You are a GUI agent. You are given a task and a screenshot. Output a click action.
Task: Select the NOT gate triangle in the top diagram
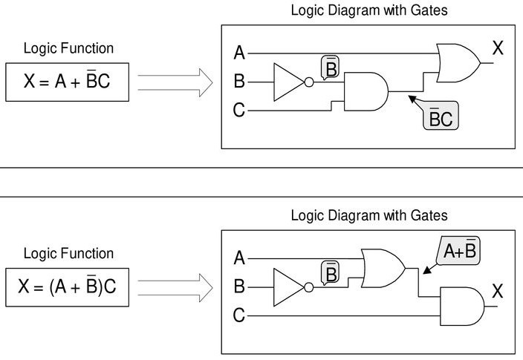tap(289, 82)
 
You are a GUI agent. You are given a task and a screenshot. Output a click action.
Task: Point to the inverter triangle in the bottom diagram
tap(288, 287)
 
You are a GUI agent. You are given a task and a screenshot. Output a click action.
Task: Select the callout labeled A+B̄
tap(459, 252)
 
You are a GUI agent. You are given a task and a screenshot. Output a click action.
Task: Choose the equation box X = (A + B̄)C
tap(67, 287)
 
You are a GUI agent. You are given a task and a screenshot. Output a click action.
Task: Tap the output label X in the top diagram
tap(498, 49)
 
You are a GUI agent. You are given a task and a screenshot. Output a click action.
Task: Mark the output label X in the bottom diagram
tap(498, 292)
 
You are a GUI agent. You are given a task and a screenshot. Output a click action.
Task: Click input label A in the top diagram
tap(239, 53)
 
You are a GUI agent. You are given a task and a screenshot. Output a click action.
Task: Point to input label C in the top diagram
tap(239, 111)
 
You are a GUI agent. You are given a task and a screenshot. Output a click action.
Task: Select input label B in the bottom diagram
tap(239, 287)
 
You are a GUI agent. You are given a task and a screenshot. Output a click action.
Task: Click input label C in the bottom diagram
tap(239, 315)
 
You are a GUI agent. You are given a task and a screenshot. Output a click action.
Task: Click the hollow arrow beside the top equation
tap(175, 82)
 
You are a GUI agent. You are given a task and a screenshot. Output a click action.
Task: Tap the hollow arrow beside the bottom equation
tap(175, 287)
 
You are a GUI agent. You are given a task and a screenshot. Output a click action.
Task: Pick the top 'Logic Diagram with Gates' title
tap(368, 10)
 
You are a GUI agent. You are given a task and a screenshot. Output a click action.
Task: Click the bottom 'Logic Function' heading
tap(68, 253)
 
